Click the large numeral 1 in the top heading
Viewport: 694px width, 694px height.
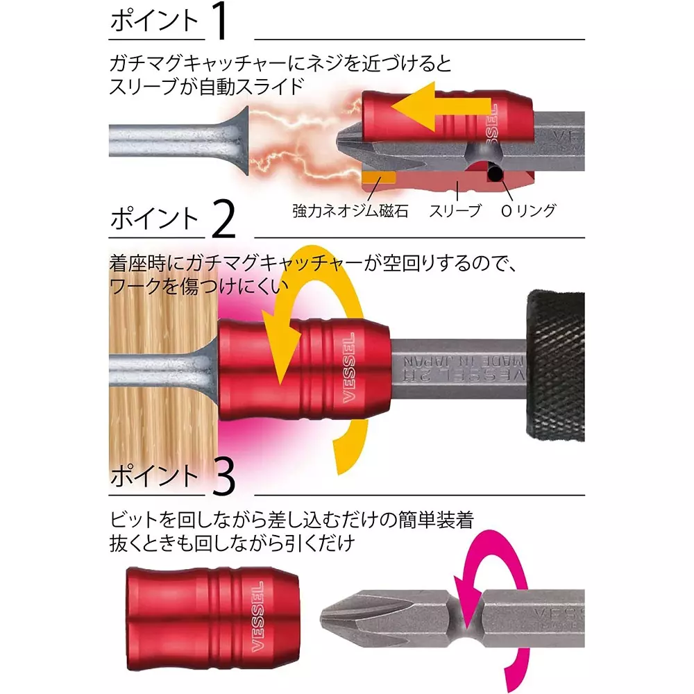(x=221, y=21)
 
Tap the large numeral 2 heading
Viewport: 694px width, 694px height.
(x=223, y=219)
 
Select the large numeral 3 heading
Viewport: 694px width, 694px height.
(x=223, y=476)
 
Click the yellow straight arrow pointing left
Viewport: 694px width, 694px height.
(x=441, y=107)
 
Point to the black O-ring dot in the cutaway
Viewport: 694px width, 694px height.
(x=496, y=173)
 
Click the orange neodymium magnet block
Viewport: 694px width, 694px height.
(x=378, y=178)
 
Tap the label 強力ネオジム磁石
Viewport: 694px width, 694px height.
(x=350, y=211)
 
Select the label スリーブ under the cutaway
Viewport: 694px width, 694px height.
(x=455, y=211)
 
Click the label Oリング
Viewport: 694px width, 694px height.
(x=528, y=211)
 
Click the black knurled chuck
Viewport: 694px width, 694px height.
(x=555, y=366)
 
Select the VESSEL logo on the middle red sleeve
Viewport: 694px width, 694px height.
(x=349, y=367)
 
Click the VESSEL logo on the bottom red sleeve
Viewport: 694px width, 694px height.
(x=258, y=616)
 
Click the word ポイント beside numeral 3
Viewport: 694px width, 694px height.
(x=154, y=476)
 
